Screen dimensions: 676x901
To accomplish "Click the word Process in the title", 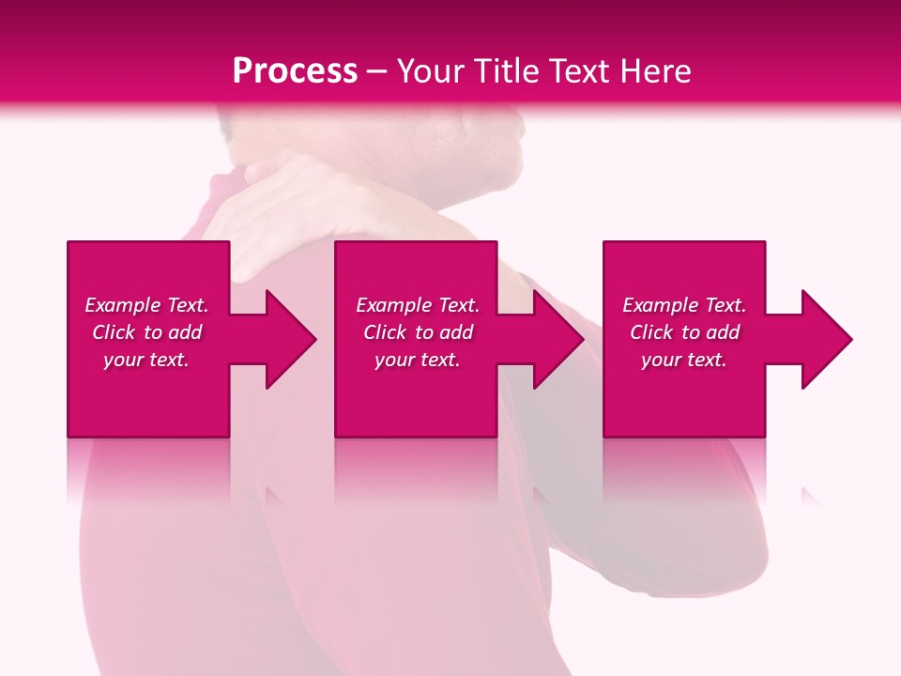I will [295, 71].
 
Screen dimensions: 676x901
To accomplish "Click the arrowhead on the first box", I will [286, 339].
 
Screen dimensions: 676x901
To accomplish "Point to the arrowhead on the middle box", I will [554, 339].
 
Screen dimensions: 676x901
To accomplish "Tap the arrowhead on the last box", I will [822, 339].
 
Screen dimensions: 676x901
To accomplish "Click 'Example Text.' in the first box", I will [146, 305].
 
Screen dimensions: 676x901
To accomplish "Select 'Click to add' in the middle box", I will [418, 332].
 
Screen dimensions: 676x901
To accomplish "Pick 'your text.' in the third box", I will [684, 360].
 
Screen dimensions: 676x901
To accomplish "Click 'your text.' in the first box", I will [146, 360].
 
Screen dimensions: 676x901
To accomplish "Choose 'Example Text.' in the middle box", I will [418, 305].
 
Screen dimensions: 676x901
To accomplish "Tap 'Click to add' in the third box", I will [684, 332].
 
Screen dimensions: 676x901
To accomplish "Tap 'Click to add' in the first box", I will [146, 332].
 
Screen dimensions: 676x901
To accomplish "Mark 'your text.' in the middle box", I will [418, 360].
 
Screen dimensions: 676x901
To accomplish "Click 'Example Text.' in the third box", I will [684, 305].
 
